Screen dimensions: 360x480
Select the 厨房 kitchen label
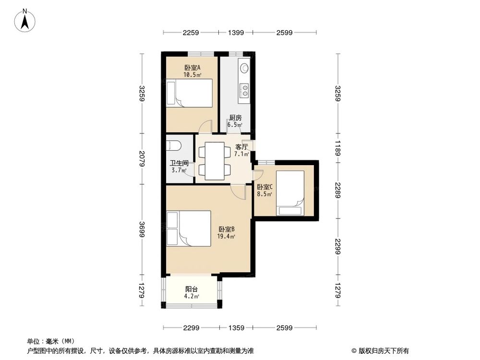[235, 118]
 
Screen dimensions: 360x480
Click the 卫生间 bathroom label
[178, 163]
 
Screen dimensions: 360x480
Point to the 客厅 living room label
[241, 147]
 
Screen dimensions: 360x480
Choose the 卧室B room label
[227, 229]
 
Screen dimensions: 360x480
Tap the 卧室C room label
[264, 187]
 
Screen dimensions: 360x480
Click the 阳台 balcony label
[192, 289]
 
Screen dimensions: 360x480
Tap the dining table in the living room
[215, 161]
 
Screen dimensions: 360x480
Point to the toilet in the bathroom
[173, 145]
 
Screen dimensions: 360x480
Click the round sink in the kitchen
[244, 68]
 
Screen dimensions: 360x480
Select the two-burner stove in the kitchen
[244, 90]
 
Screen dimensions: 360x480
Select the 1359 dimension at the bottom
[236, 328]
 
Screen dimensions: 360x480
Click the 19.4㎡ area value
[227, 236]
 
